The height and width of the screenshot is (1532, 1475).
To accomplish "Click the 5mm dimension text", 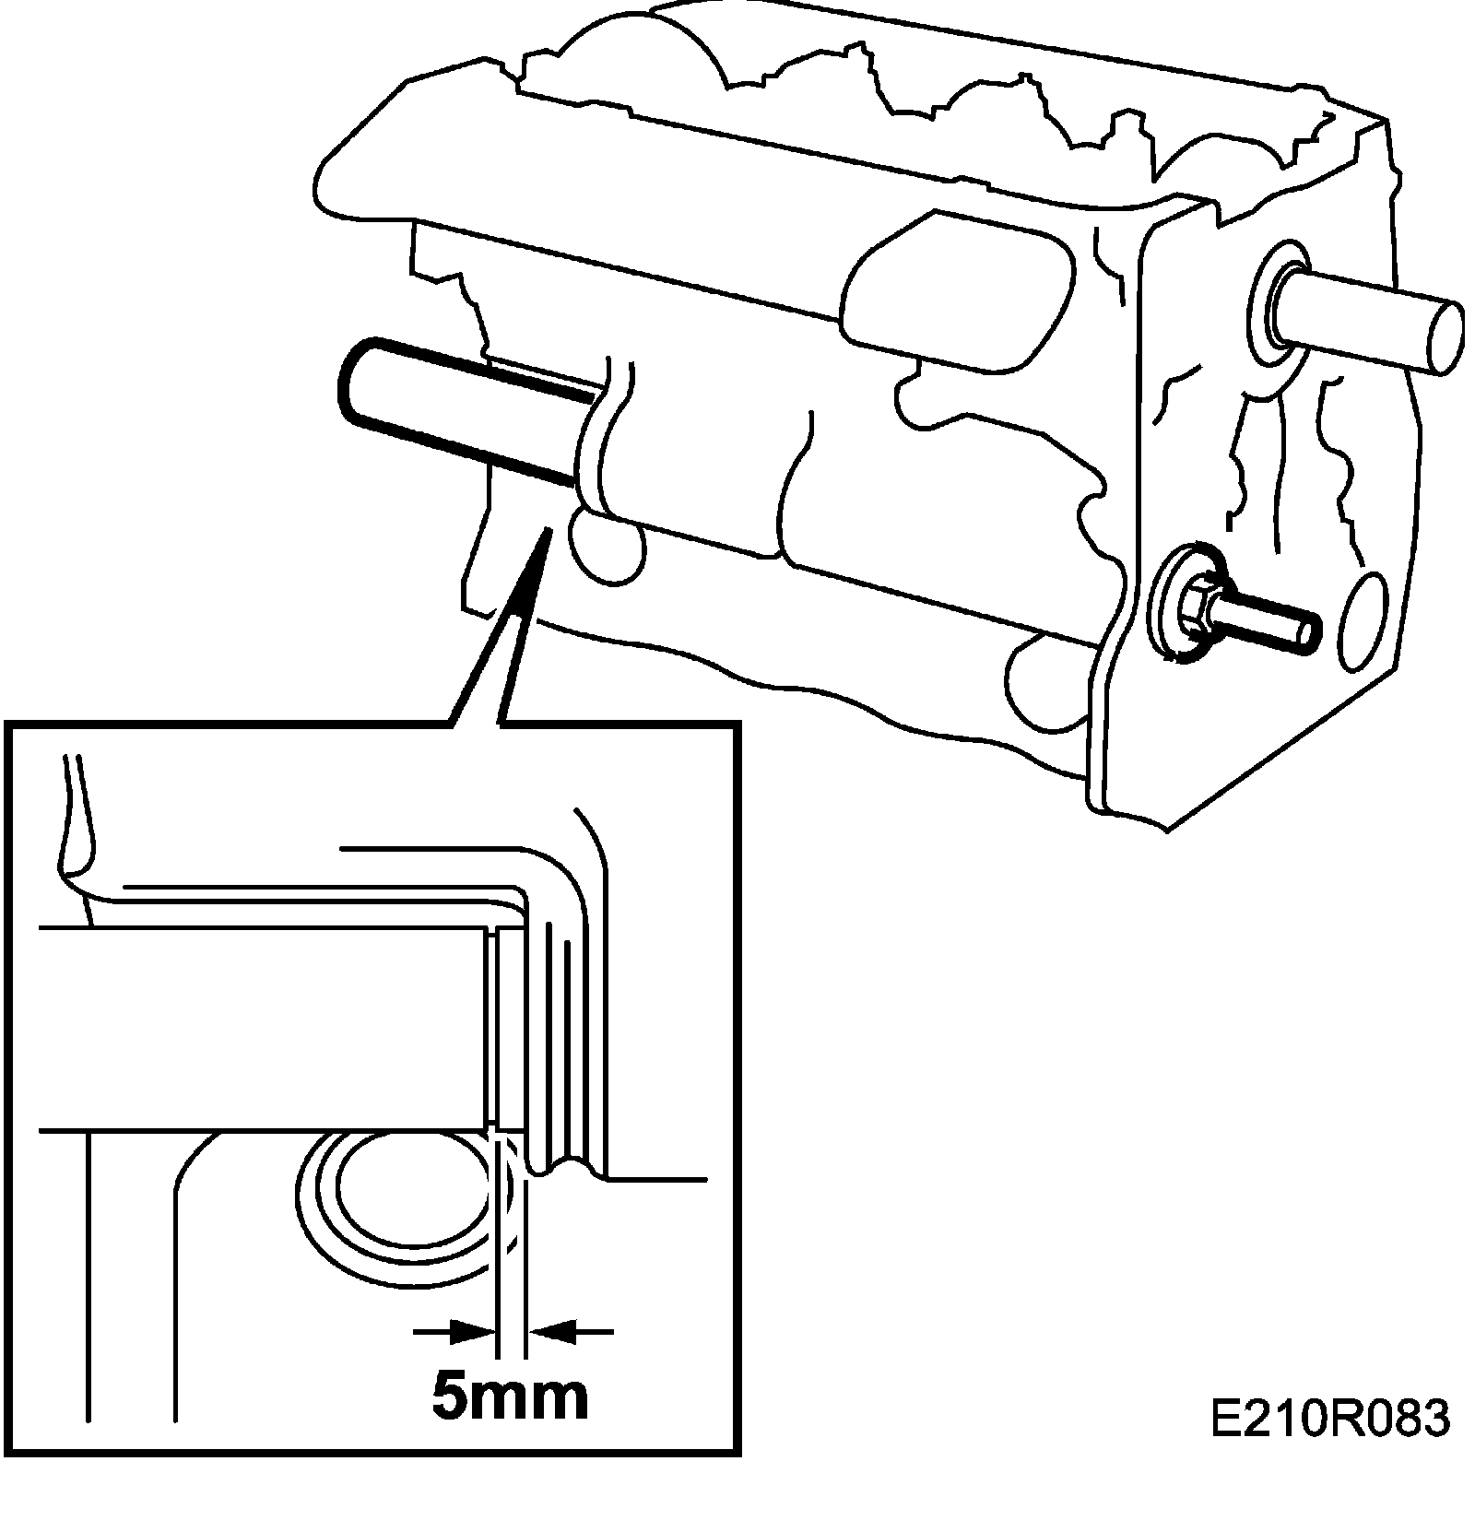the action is [x=510, y=1397].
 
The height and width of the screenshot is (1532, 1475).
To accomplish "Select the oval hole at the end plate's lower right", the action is [x=1362, y=620].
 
